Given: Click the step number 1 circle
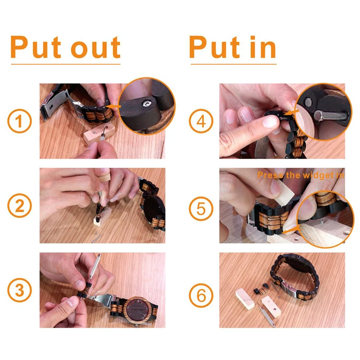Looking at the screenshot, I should [19, 121].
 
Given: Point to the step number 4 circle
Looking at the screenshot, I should [200, 121].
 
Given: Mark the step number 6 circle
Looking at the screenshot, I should [200, 295].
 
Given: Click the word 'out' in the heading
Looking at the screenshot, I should [95, 48].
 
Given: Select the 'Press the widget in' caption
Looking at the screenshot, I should [301, 175].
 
